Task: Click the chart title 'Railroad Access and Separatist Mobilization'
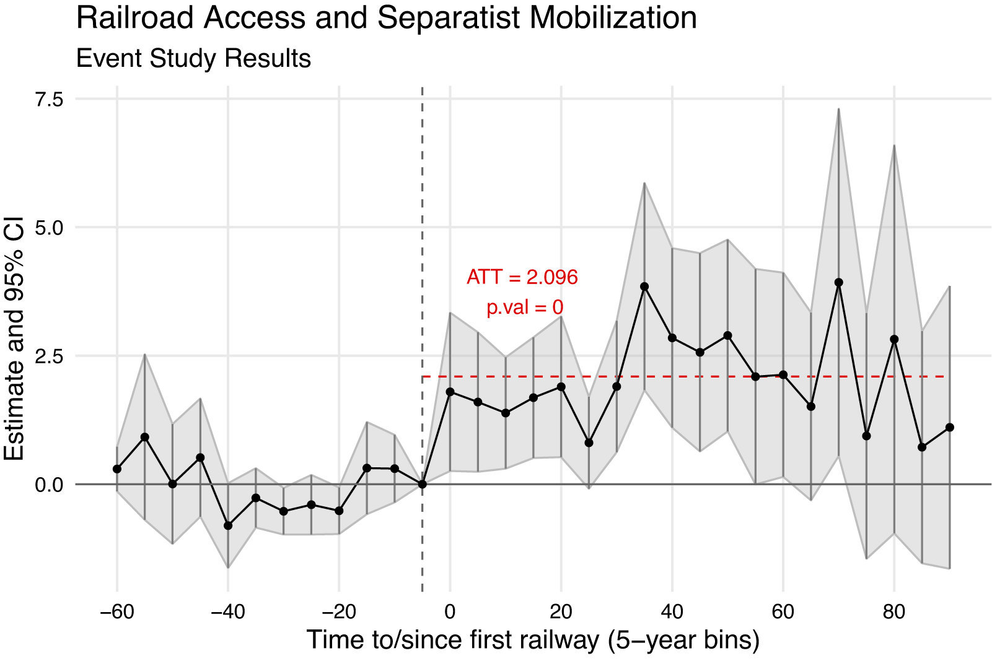pyautogui.click(x=386, y=18)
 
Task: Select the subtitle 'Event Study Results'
pyautogui.click(x=193, y=59)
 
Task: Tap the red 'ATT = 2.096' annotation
pyautogui.click(x=522, y=277)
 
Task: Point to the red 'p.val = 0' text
pyautogui.click(x=524, y=307)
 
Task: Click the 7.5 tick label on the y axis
pyautogui.click(x=49, y=99)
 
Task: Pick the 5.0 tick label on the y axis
pyautogui.click(x=49, y=228)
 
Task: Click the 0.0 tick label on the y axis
pyautogui.click(x=49, y=485)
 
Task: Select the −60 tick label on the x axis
pyautogui.click(x=117, y=612)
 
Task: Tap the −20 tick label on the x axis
pyautogui.click(x=339, y=612)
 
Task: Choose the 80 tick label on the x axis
pyautogui.click(x=893, y=612)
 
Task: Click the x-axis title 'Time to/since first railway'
pyautogui.click(x=533, y=640)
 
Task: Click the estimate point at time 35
pyautogui.click(x=644, y=287)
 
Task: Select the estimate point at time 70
pyautogui.click(x=839, y=282)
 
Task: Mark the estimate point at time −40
pyautogui.click(x=228, y=525)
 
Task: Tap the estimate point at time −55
pyautogui.click(x=145, y=437)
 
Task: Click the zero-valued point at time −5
pyautogui.click(x=423, y=484)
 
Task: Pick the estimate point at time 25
pyautogui.click(x=589, y=443)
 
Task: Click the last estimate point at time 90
pyautogui.click(x=949, y=428)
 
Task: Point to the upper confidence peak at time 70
pyautogui.click(x=839, y=110)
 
